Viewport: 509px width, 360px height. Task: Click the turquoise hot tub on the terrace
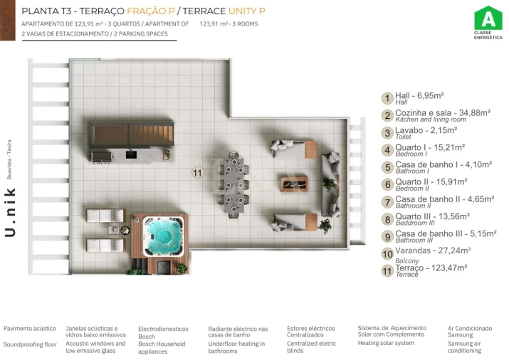coord(162,235)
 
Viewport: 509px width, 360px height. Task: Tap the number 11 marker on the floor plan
coord(197,173)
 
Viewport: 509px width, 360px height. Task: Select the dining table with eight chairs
coord(233,185)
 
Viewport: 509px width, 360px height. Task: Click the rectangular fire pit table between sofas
coord(294,184)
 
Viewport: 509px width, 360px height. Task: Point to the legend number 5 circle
coord(387,167)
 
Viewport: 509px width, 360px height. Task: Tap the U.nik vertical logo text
coord(10,212)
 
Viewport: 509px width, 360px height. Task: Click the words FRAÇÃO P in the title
coord(151,11)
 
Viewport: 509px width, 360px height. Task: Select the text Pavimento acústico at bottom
coord(29,329)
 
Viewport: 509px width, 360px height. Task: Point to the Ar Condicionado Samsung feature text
coord(470,332)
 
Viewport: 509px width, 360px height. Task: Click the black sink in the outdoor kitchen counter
coord(131,154)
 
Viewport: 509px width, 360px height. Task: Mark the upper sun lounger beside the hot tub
coord(105,216)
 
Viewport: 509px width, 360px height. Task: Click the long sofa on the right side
coord(331,184)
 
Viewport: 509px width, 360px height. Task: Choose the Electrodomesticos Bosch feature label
coord(163,332)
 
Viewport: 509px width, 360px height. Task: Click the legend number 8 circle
coord(387,219)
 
